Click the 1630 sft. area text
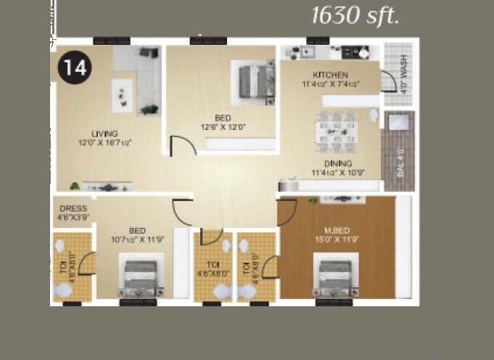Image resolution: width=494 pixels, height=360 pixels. pos(355,16)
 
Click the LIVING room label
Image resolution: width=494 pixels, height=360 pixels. pos(104,134)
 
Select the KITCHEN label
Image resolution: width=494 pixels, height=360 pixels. pos(330,75)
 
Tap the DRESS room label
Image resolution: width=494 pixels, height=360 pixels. pos(73,208)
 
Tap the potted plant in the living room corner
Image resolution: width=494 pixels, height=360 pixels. pos(149,110)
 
